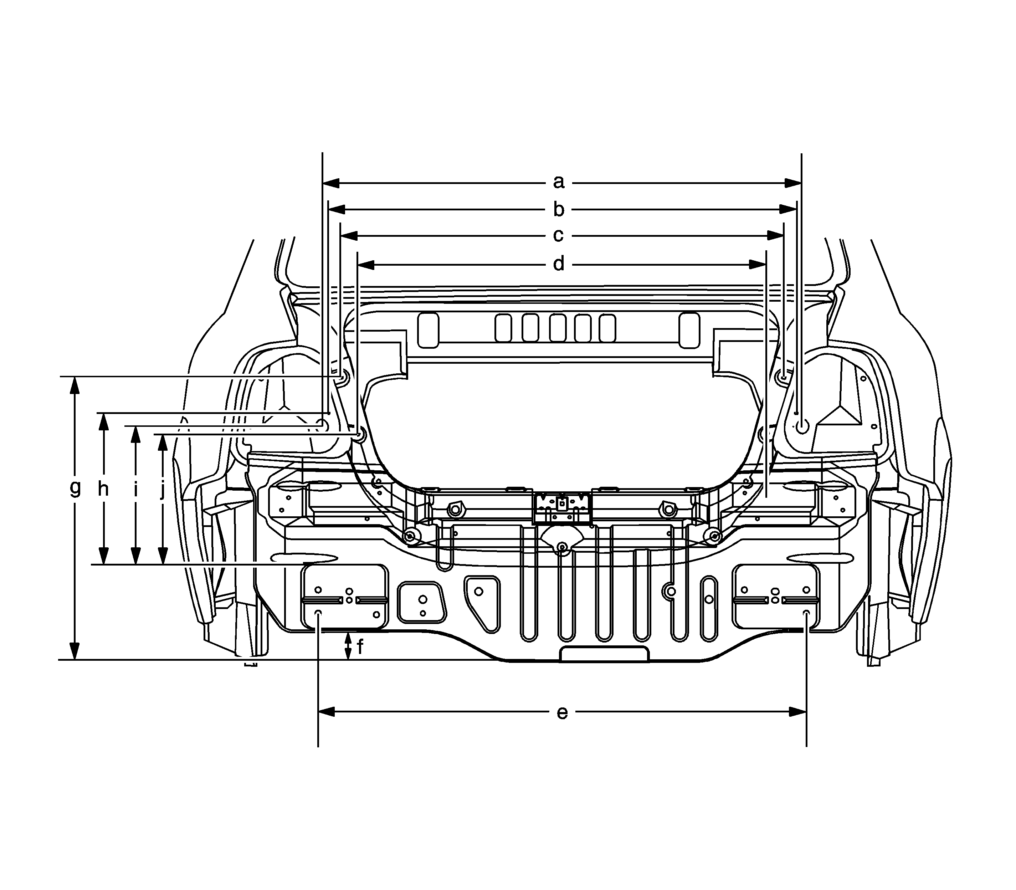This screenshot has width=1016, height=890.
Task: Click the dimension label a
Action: pos(559,182)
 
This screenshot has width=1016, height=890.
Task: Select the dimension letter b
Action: pos(559,209)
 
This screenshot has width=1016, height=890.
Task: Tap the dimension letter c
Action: pos(558,235)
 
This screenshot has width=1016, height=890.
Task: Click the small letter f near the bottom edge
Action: pos(360,647)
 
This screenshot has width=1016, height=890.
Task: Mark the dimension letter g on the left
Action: pos(75,488)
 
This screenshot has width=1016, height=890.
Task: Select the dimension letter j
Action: pos(162,490)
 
